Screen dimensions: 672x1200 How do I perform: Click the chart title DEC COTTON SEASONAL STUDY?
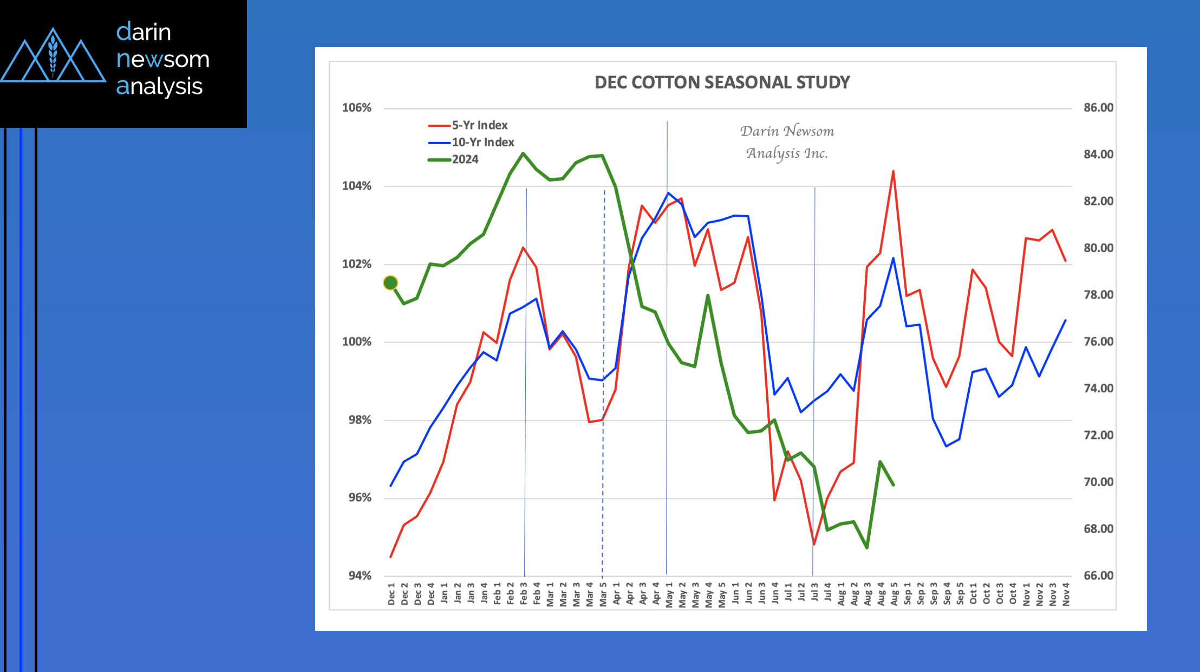722,82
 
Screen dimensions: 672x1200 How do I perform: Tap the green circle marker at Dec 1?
390,283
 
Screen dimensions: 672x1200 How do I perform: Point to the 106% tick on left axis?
357,108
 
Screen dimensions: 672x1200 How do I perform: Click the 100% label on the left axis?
357,342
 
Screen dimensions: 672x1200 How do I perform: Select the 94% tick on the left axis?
360,576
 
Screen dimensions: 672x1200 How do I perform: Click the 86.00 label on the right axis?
1098,108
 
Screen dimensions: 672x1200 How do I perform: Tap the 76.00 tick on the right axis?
1098,342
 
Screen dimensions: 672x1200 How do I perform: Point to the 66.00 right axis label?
1098,576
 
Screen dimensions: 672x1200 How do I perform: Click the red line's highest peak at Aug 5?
893,171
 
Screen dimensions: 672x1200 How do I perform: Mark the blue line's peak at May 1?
668,193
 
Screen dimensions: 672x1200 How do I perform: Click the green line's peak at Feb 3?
523,153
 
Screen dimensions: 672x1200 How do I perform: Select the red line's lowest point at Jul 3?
814,544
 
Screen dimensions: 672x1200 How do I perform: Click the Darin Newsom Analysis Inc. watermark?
787,142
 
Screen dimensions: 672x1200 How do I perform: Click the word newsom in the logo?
163,59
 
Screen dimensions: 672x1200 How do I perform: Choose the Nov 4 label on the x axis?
1066,594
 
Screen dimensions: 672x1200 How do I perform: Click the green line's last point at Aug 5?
893,484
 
